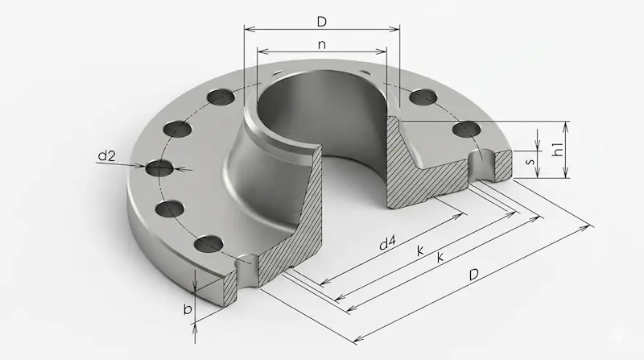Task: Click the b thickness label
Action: point(188,308)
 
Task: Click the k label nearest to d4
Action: point(420,250)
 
